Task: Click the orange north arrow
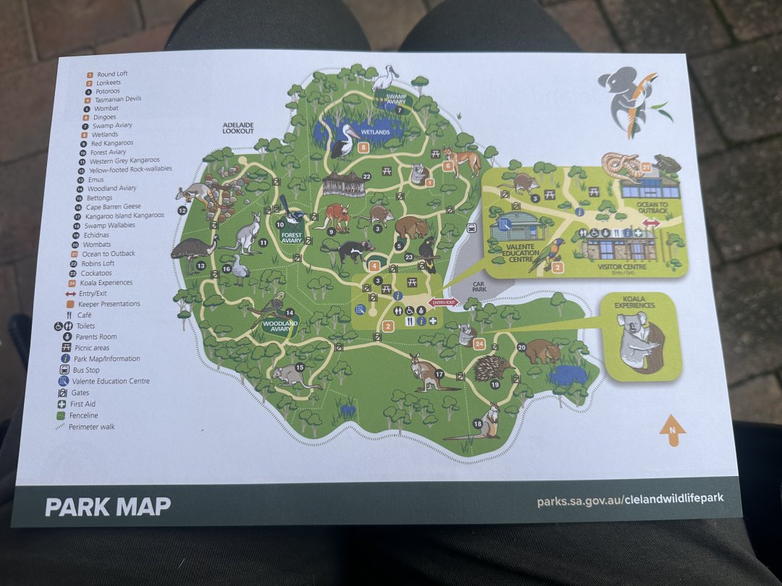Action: (x=672, y=430)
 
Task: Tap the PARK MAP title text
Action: (x=108, y=506)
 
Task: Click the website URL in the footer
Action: (x=629, y=498)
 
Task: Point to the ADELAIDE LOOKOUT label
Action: (x=238, y=129)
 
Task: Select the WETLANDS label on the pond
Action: (x=375, y=132)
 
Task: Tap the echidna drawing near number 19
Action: (x=494, y=368)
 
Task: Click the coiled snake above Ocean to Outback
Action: (x=620, y=166)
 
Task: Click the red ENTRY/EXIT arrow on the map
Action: (x=444, y=302)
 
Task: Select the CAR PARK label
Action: (x=478, y=286)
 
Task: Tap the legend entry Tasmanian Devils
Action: (x=117, y=99)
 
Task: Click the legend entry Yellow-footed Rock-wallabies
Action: (x=130, y=169)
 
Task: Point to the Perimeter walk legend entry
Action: (x=91, y=427)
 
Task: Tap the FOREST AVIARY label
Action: (x=291, y=236)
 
